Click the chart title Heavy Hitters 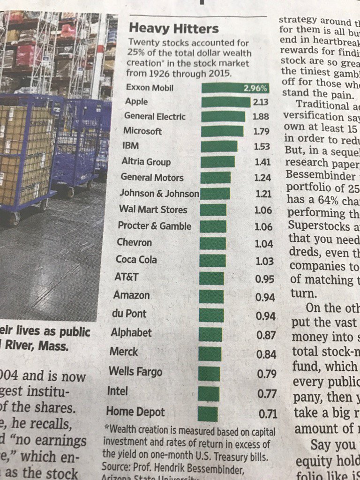(x=173, y=29)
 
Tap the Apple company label (x=136, y=101)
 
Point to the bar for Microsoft (x=222, y=131)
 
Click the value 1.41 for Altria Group (x=262, y=162)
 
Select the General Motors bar (x=216, y=178)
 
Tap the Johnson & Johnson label (x=159, y=193)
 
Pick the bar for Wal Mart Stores (x=213, y=210)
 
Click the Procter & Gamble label (x=155, y=226)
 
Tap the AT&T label (x=126, y=277)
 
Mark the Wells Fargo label (x=135, y=372)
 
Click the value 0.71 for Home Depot (x=268, y=414)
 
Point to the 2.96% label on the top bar (x=255, y=88)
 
